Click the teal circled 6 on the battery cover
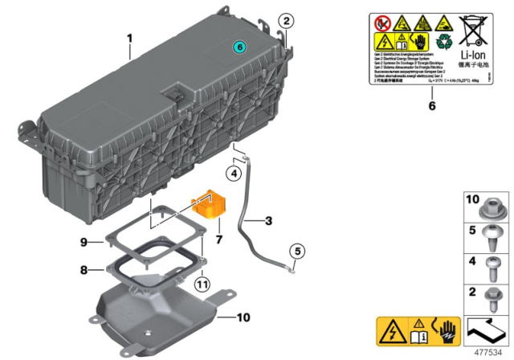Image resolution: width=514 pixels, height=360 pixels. [239, 49]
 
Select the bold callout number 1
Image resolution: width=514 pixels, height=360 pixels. [129, 38]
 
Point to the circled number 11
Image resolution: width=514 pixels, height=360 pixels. [203, 284]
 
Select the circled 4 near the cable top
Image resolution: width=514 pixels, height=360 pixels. [234, 173]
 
